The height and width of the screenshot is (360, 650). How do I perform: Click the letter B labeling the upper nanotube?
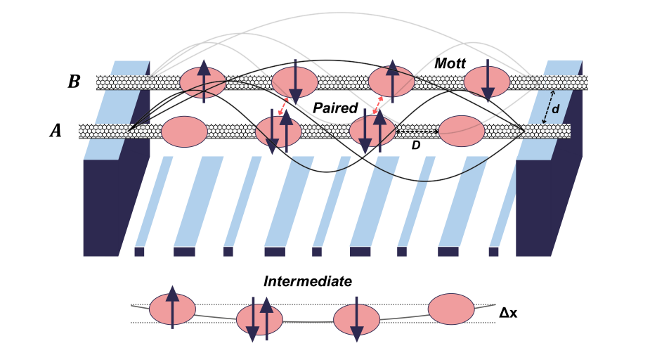[74, 82]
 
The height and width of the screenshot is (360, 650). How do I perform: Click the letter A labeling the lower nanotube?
[56, 130]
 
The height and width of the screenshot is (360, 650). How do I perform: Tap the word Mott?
[450, 63]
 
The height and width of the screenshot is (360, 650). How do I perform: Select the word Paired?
[335, 109]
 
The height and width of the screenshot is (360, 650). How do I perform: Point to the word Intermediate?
[307, 281]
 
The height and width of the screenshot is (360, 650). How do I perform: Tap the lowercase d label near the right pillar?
[555, 109]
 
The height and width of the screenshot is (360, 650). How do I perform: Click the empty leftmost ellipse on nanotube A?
[184, 131]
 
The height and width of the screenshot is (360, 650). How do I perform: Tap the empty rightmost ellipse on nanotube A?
[462, 131]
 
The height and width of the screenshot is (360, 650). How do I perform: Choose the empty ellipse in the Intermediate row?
[450, 309]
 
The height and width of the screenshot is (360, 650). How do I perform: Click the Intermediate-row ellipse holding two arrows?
[259, 320]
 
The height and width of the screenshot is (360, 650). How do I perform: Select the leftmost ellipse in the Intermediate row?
[172, 309]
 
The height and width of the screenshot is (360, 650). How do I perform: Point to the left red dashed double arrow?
[280, 105]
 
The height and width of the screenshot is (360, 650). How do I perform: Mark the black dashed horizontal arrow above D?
[417, 131]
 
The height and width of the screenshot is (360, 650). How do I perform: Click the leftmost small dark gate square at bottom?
[139, 251]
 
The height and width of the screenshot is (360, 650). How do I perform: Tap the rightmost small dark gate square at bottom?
[493, 251]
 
